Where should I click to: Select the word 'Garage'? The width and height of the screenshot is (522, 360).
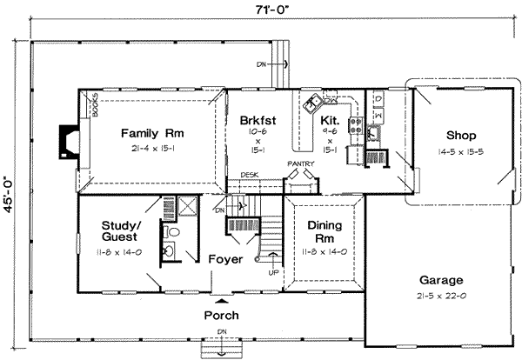tap(441, 281)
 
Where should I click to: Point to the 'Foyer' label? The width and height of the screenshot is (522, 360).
tap(224, 259)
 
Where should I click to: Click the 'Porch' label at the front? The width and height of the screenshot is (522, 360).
tap(221, 315)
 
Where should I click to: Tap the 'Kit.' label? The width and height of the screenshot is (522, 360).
tap(330, 121)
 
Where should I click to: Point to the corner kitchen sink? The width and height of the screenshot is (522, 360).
tap(311, 103)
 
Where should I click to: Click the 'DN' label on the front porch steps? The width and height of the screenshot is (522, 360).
tap(221, 332)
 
